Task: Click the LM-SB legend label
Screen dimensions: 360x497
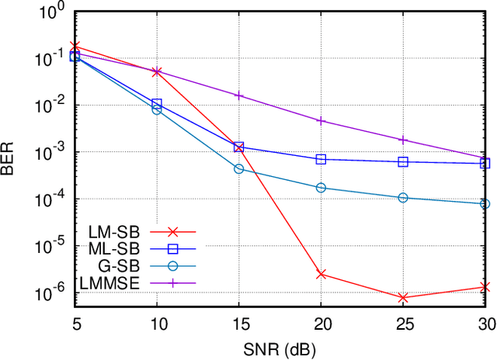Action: pyautogui.click(x=117, y=232)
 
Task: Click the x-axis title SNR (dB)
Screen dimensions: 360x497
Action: pyautogui.click(x=280, y=348)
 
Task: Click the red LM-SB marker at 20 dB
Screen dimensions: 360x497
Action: pyautogui.click(x=321, y=274)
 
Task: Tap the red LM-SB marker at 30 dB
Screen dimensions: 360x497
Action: pyautogui.click(x=485, y=287)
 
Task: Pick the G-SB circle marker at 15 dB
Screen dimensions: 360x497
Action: pyautogui.click(x=239, y=168)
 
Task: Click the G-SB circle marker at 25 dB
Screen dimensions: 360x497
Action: pyautogui.click(x=403, y=198)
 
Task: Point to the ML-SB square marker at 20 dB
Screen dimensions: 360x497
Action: pyautogui.click(x=321, y=159)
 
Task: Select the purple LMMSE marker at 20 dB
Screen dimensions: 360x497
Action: pyautogui.click(x=321, y=121)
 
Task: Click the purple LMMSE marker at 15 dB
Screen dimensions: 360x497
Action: pyautogui.click(x=239, y=95)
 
